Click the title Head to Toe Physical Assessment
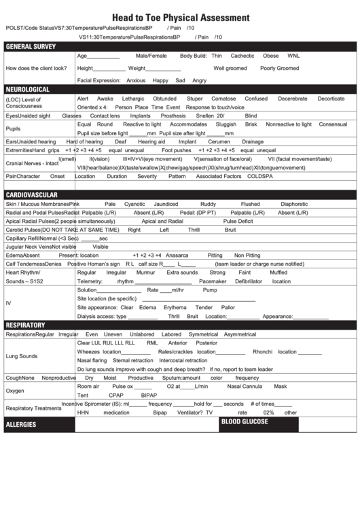click(x=180, y=18)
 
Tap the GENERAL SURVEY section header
click(x=31, y=46)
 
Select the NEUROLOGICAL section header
click(x=28, y=89)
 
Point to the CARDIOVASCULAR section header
click(x=32, y=194)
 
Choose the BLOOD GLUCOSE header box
click(x=245, y=422)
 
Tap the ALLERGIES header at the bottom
click(x=20, y=425)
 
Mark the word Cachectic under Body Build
click(x=242, y=56)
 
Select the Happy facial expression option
click(x=160, y=80)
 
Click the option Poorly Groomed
click(x=279, y=68)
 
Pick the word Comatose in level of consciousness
click(x=223, y=99)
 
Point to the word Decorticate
click(x=331, y=99)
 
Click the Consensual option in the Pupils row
click(x=333, y=124)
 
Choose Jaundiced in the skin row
click(x=166, y=204)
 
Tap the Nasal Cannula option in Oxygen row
click(x=245, y=386)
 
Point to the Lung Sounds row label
click(x=22, y=356)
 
